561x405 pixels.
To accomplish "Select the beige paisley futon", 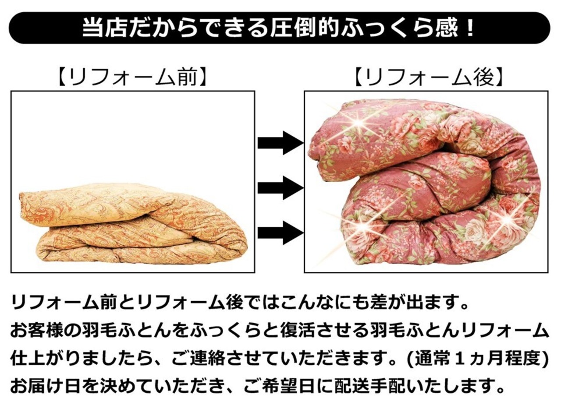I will click(131, 223).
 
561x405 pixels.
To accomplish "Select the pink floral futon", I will click(425, 184).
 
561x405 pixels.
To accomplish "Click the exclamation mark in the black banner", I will click(470, 28).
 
